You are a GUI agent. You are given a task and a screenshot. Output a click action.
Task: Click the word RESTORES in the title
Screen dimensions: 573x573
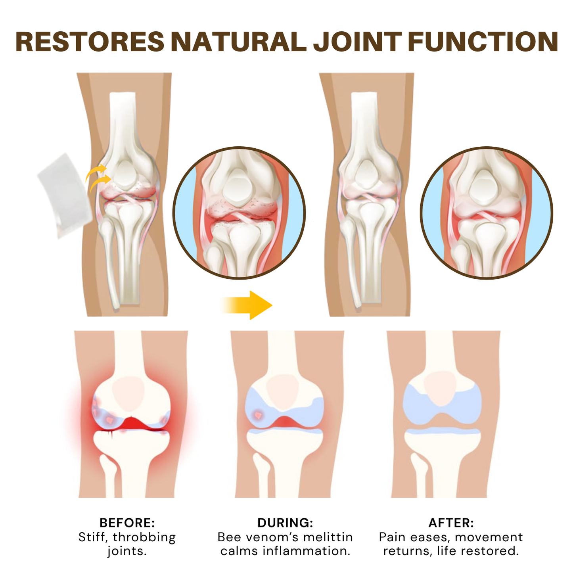point(90,42)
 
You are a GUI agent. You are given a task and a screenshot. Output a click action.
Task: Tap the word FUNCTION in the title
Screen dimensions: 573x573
point(483,42)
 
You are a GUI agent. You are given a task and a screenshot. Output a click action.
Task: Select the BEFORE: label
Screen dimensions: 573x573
point(127,523)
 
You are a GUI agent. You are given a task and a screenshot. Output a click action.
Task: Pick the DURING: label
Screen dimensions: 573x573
point(285,523)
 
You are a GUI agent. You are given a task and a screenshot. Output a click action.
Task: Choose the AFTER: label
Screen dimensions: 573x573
point(451,523)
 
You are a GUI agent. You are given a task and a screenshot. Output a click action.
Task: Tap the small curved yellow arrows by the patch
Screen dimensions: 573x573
point(98,178)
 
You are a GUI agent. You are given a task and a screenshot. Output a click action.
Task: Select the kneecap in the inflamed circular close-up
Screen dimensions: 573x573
point(237,185)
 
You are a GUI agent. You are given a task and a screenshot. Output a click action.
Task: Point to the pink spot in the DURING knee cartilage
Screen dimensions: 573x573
point(258,415)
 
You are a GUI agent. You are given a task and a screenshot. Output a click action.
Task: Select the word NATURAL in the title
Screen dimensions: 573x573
point(238,42)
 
